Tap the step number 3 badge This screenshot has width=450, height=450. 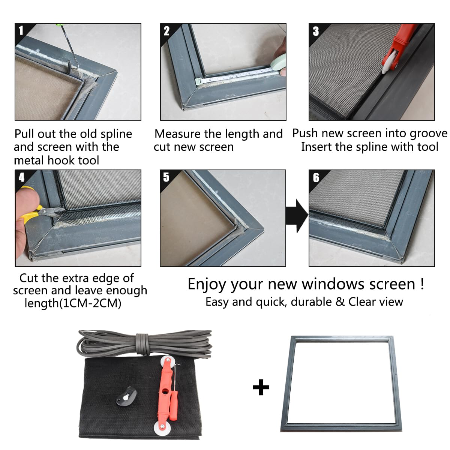point(316,31)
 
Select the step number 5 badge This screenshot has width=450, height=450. point(166,177)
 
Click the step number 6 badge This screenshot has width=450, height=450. point(316,177)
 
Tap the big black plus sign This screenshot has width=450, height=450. point(261,387)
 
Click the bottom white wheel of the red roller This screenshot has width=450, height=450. point(161,427)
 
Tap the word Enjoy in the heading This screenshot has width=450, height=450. point(207,284)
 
